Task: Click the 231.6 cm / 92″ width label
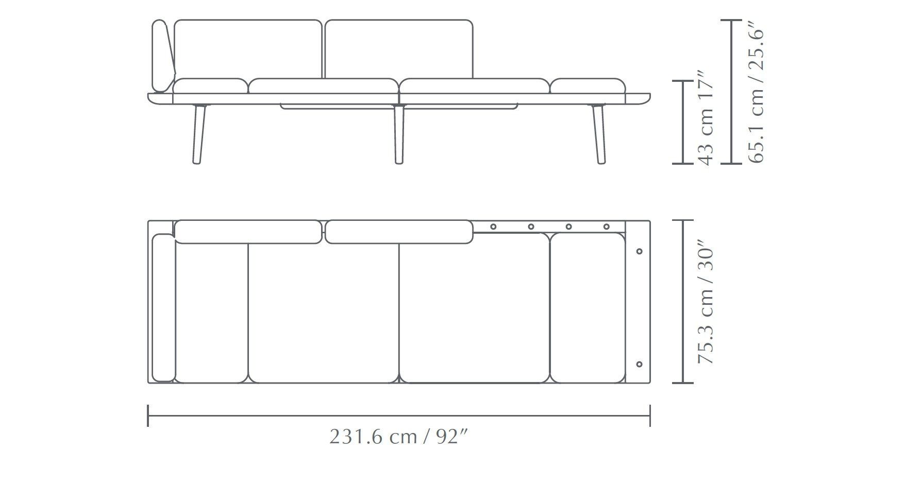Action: click(399, 438)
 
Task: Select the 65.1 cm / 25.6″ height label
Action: click(756, 92)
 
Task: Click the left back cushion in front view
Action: click(248, 49)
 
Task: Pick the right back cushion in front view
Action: click(399, 49)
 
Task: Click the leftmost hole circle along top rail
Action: click(493, 227)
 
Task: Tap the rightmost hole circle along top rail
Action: click(606, 227)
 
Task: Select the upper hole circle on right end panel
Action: click(640, 251)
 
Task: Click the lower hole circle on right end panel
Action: click(640, 364)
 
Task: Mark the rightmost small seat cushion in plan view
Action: click(588, 308)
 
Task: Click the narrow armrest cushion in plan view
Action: click(163, 308)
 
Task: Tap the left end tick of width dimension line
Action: click(148, 415)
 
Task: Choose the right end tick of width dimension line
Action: click(650, 415)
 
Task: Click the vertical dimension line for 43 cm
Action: click(683, 122)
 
